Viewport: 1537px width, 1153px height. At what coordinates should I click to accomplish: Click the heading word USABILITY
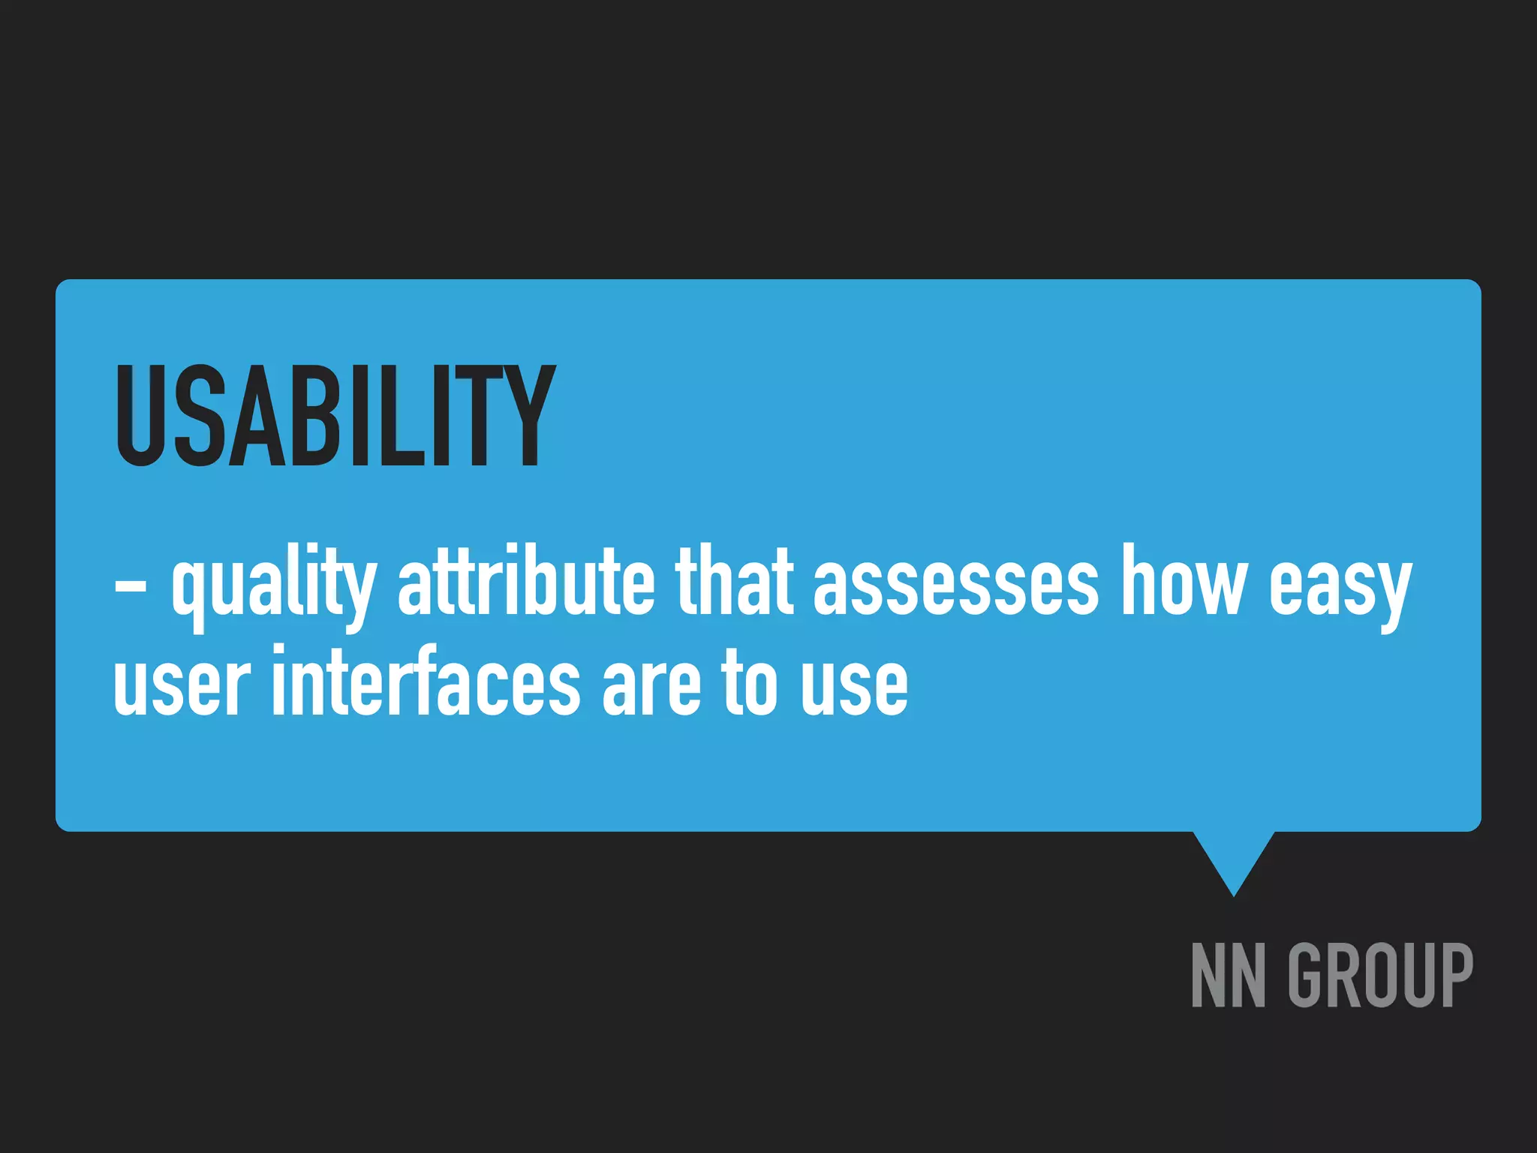[x=335, y=415]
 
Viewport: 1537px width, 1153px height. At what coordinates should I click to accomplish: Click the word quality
[x=273, y=583]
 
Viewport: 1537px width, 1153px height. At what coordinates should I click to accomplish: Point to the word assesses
[x=955, y=583]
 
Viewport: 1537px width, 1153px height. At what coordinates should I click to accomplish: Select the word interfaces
[x=426, y=680]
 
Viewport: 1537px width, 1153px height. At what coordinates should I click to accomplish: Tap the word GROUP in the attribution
[x=1380, y=975]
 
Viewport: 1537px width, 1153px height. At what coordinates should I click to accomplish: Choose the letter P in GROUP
[x=1453, y=975]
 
